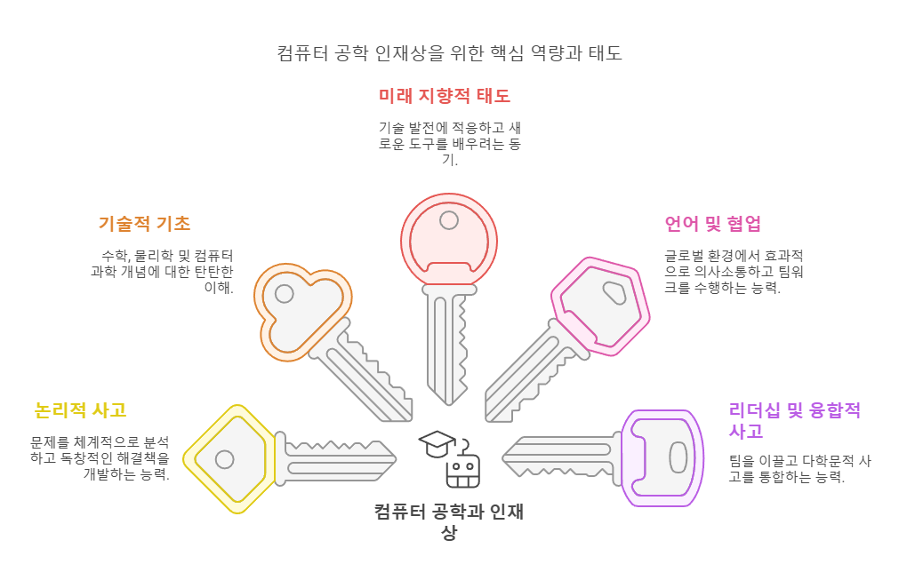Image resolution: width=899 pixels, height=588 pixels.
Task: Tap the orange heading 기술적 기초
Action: [x=144, y=223]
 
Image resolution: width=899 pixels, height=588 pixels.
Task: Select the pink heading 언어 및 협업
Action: [x=712, y=223]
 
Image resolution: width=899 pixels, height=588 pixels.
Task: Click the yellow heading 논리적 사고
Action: [x=80, y=410]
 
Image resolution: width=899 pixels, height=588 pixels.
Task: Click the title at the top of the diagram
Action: [x=449, y=53]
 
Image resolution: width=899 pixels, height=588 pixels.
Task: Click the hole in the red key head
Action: [x=449, y=220]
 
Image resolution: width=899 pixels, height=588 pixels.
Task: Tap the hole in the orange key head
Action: [x=284, y=293]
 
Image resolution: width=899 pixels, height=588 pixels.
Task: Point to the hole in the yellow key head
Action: [x=225, y=459]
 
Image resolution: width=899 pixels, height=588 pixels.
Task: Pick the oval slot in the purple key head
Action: [x=678, y=458]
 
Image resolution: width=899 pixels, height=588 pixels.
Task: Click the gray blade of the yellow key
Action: [x=338, y=458]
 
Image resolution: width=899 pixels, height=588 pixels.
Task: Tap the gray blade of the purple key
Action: [x=560, y=458]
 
